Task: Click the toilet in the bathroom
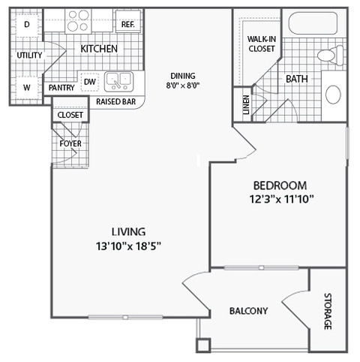pos(331,55)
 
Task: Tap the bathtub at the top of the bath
pos(313,23)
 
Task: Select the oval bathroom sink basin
pos(334,95)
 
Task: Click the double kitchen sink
pos(118,81)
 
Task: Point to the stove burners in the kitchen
pos(78,21)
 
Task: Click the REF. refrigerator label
pos(128,24)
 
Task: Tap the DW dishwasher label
pos(90,82)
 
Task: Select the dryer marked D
pos(27,24)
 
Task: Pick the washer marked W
pos(27,88)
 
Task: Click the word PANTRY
pos(61,88)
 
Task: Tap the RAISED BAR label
pos(116,101)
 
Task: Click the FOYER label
pos(70,143)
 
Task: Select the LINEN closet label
pos(247,104)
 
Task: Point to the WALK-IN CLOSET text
pos(262,44)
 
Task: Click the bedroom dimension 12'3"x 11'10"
pos(281,199)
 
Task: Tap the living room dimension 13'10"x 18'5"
pos(128,246)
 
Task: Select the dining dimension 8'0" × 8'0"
pos(183,86)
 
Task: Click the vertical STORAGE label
pos(328,312)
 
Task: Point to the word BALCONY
pos(249,311)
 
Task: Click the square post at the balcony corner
pos(203,345)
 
